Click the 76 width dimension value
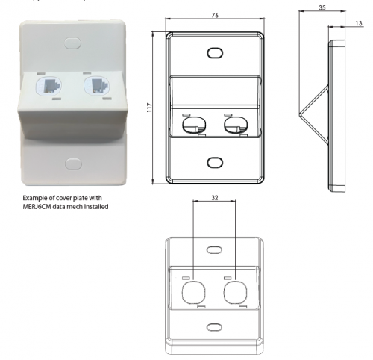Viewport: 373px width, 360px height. (x=215, y=15)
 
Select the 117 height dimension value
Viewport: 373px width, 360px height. (x=149, y=108)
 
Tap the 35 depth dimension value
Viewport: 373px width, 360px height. (x=322, y=7)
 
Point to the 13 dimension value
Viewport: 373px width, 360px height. (x=359, y=23)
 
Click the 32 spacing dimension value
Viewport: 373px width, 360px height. (x=215, y=198)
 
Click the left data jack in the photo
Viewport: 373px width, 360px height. (x=48, y=86)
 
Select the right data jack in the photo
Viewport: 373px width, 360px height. (x=96, y=86)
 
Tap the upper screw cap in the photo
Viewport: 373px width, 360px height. (x=72, y=43)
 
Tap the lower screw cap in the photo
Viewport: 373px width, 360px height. (x=73, y=164)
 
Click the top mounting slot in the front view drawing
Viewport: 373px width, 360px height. (x=215, y=53)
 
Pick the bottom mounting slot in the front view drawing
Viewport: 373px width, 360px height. (x=215, y=163)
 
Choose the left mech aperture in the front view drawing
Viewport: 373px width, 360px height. (x=194, y=125)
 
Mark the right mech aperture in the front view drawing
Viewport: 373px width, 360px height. (x=236, y=125)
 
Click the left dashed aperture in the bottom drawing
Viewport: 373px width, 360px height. (x=194, y=293)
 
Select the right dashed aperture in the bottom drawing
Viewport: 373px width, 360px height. (x=236, y=293)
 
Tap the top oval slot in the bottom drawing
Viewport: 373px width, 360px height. (x=214, y=250)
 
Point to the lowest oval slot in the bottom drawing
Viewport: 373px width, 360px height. (x=214, y=327)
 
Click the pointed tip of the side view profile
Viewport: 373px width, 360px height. (x=299, y=114)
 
